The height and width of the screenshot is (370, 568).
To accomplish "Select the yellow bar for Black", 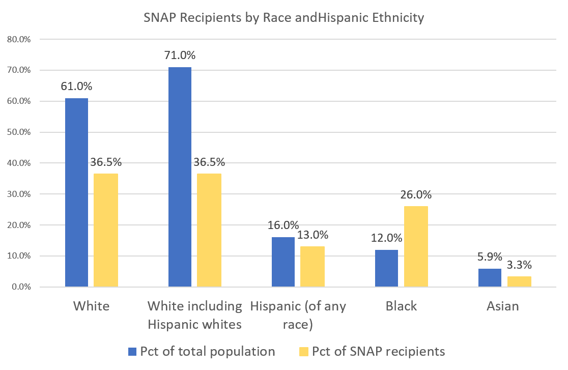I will pos(416,246).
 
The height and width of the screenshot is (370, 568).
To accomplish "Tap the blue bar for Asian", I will pos(490,278).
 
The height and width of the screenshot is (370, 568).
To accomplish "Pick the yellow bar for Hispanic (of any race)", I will pos(313,267).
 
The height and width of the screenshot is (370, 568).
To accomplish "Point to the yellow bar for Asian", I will pos(520,281).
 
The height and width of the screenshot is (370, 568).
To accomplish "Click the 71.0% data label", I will pos(180,55).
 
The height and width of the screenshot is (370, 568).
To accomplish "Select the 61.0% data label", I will pos(76,87).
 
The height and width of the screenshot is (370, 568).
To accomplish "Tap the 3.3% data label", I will pos(520,265).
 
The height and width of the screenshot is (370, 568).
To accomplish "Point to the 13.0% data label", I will pos(313,235).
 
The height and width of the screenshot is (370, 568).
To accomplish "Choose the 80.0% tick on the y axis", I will pos(19,39).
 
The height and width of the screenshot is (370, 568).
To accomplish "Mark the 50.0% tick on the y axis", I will pos(19,132).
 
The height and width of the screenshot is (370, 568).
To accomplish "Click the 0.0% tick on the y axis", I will pos(20,287).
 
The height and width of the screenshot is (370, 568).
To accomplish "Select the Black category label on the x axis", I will pos(401,306).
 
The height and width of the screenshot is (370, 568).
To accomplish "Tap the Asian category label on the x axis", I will pos(503,306).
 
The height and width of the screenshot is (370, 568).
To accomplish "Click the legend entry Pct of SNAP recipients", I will pos(378,351).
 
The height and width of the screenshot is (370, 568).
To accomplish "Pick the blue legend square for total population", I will pos(132,351).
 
